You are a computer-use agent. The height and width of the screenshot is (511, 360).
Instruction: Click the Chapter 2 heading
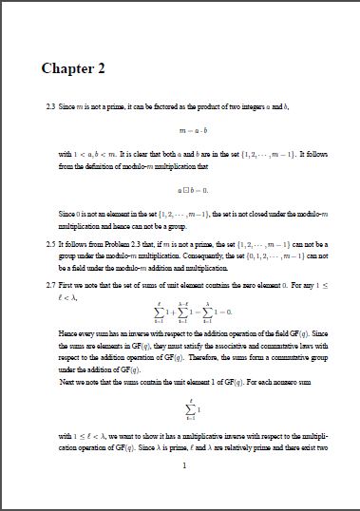point(72,68)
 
